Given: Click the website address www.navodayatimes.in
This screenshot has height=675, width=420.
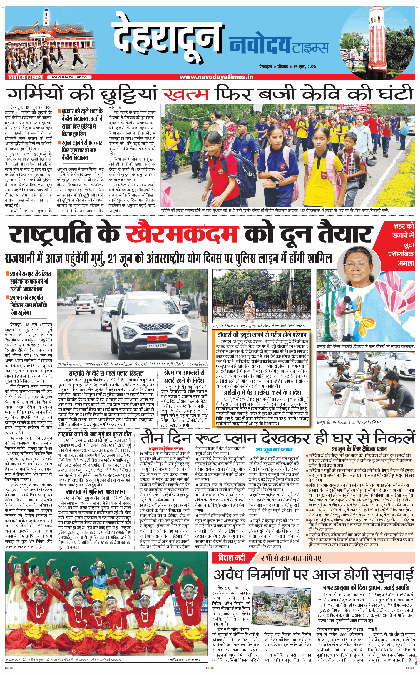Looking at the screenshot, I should click(216, 77).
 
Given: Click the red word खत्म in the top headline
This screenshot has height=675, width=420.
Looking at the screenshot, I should click(186, 94).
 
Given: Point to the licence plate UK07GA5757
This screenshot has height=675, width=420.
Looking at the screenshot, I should click(157, 346).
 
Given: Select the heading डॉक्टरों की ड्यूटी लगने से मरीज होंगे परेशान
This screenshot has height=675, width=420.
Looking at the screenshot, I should click(262, 335).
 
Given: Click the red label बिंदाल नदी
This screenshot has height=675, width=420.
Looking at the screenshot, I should click(232, 557).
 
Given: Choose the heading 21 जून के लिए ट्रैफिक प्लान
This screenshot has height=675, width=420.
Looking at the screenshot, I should click(359, 449).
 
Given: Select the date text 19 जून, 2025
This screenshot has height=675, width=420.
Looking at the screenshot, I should click(305, 66).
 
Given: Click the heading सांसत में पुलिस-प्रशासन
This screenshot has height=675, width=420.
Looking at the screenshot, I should click(96, 491).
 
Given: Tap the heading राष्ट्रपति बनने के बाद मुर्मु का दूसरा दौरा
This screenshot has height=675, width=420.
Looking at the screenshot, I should click(95, 434).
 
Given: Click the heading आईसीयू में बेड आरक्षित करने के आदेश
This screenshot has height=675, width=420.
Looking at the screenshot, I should click(262, 392).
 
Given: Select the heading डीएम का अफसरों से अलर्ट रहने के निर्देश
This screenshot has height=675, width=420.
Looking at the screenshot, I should click(184, 376).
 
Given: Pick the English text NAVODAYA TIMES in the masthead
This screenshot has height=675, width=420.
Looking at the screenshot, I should click(69, 77).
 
